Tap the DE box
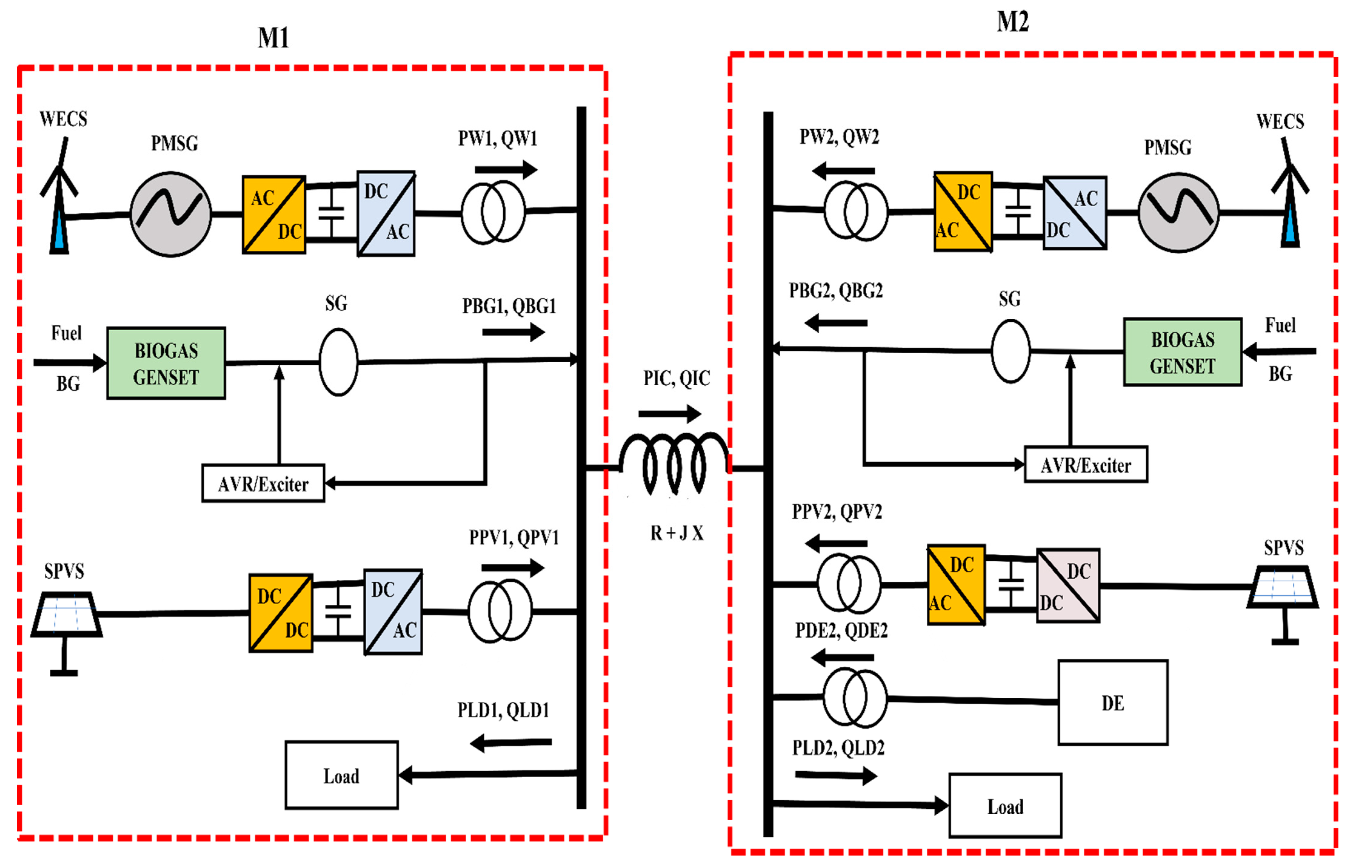(1113, 703)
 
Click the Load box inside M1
(341, 775)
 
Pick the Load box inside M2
(1005, 806)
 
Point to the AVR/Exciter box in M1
(263, 483)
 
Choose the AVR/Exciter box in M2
(1086, 464)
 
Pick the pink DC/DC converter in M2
(1068, 586)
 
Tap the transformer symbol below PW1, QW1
(493, 213)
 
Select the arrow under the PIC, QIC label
(670, 414)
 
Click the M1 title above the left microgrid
(274, 38)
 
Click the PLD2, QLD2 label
(838, 748)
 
